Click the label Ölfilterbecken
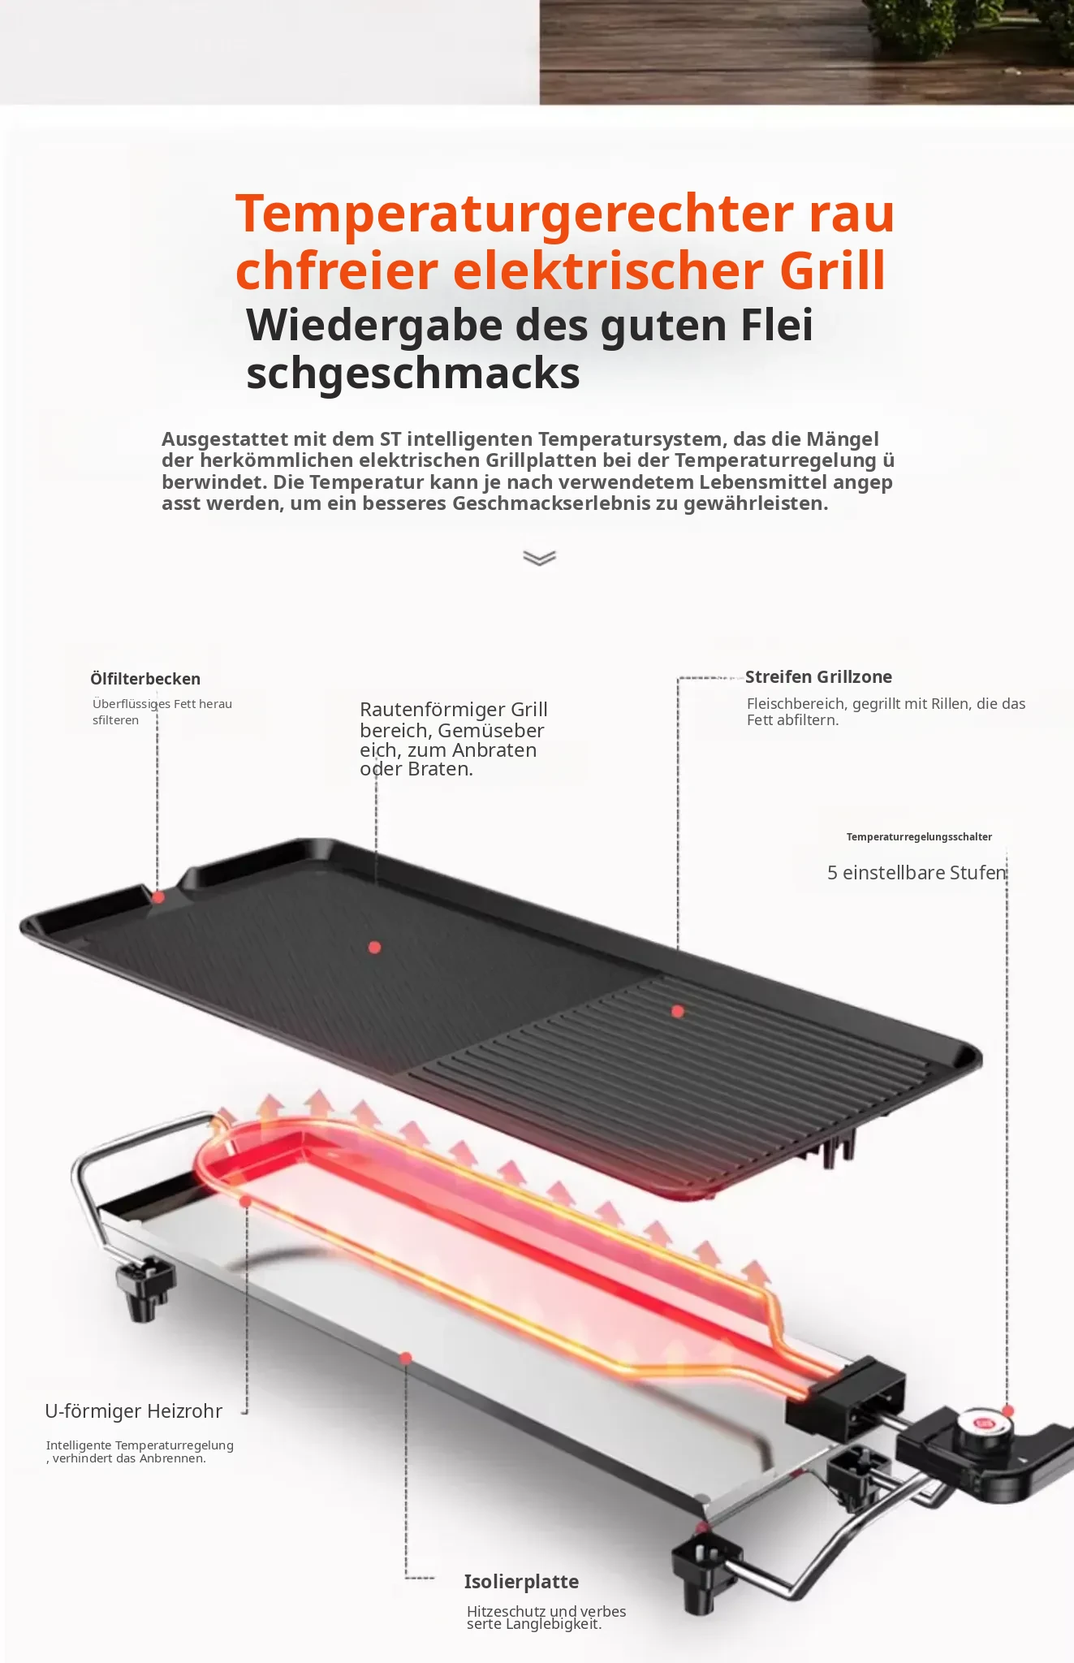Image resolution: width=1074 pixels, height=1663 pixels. tap(145, 679)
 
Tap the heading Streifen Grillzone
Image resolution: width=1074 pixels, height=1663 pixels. tap(818, 677)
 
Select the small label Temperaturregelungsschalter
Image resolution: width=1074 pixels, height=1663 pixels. tap(919, 837)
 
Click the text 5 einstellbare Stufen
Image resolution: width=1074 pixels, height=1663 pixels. tap(917, 873)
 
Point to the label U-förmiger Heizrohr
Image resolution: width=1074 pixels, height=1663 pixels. tap(133, 1411)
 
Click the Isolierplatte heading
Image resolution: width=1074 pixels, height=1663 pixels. tap(521, 1582)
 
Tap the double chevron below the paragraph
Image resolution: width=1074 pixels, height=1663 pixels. tap(540, 558)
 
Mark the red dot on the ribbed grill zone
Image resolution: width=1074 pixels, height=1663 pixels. tap(678, 1011)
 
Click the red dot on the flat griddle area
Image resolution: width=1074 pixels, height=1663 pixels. tap(374, 947)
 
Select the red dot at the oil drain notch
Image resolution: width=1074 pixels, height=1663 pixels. tap(158, 897)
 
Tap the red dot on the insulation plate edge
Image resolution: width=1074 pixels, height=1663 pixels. tap(406, 1358)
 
